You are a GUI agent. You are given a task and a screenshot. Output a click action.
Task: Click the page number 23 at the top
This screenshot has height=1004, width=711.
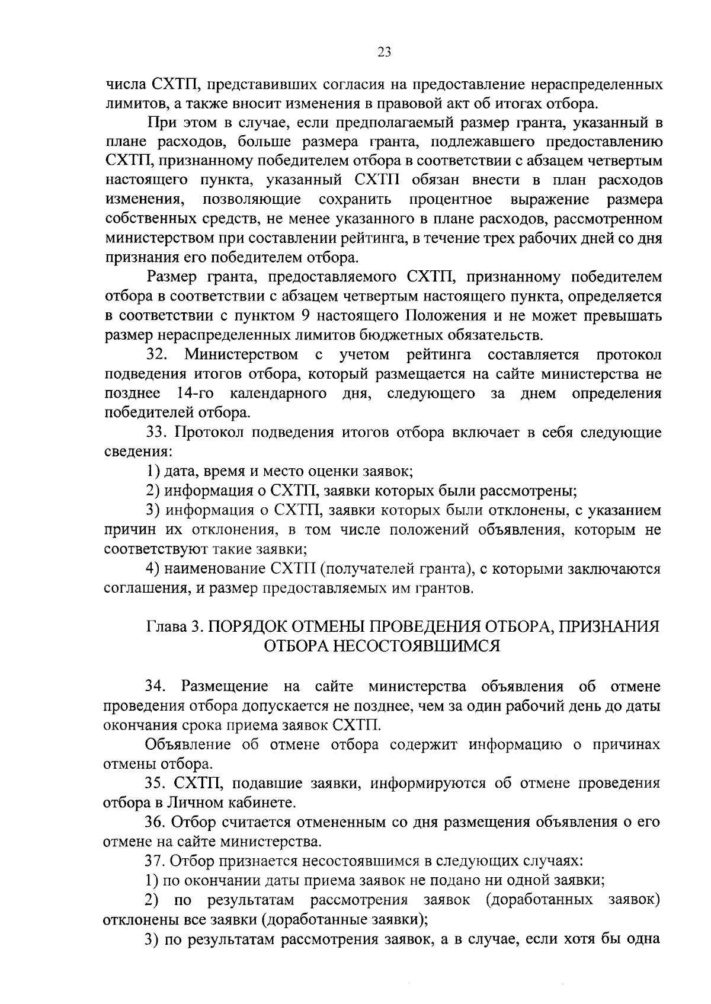click(384, 53)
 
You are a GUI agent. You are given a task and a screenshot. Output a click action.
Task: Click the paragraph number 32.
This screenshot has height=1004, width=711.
click(158, 356)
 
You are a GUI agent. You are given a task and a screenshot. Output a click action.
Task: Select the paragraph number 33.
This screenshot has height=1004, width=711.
click(158, 433)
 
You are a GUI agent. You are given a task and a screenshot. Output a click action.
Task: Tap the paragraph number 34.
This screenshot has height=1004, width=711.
click(158, 687)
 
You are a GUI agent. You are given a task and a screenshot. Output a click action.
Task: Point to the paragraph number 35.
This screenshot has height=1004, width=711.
click(158, 784)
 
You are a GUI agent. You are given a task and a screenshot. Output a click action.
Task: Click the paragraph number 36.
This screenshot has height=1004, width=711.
click(158, 823)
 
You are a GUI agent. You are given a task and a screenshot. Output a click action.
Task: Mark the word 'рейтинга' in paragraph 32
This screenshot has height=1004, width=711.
click(439, 356)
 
